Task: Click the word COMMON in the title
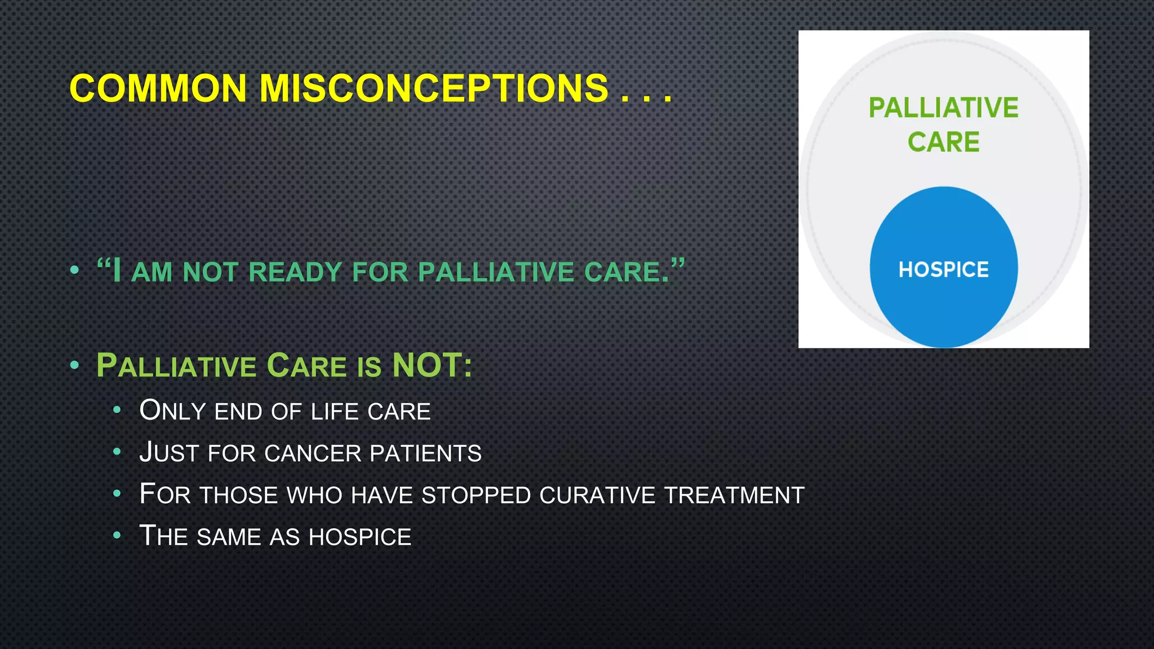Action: [x=158, y=88]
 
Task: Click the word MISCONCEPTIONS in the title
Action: [x=433, y=88]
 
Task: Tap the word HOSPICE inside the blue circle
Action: [x=943, y=269]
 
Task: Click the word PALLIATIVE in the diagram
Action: [x=943, y=108]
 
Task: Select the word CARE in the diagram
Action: [x=943, y=141]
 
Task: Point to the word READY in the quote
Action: [x=295, y=272]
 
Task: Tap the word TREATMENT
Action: [x=734, y=495]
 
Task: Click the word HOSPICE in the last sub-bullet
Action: [x=360, y=537]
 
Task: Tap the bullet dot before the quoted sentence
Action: [x=74, y=270]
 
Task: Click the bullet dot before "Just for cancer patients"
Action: [x=117, y=452]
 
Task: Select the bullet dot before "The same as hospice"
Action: [x=117, y=535]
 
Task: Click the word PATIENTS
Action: [x=425, y=454]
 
